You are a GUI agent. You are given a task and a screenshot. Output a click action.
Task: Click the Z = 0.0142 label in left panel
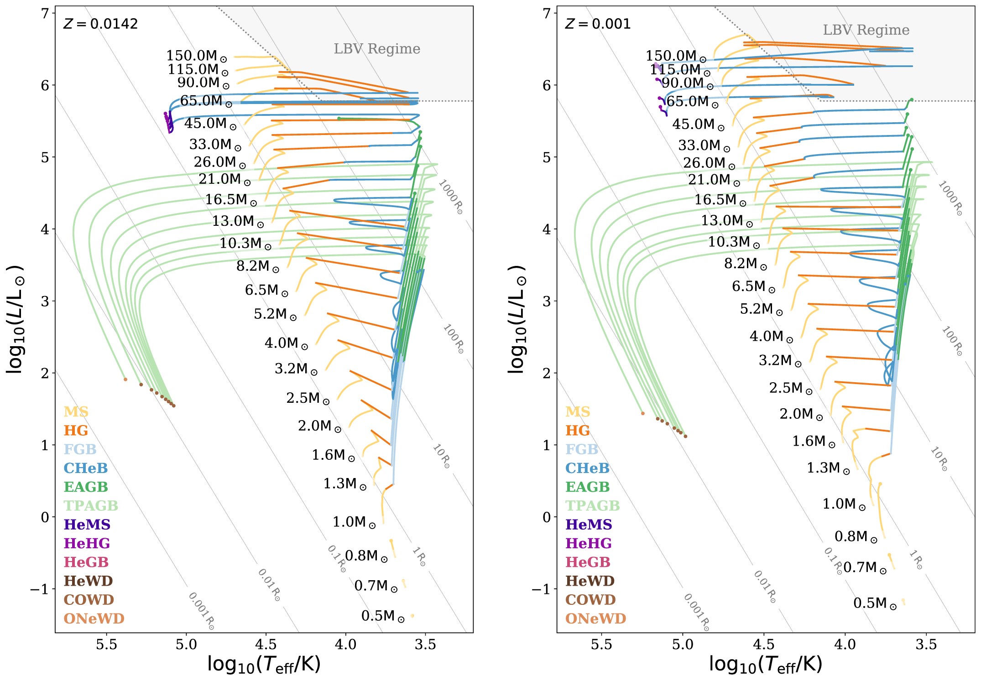pyautogui.click(x=100, y=24)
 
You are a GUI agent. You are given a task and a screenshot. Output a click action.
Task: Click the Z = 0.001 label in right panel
pyautogui.click(x=598, y=24)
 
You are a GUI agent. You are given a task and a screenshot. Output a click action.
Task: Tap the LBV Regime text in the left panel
pyautogui.click(x=377, y=49)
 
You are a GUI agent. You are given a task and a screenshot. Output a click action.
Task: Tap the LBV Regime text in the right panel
pyautogui.click(x=866, y=30)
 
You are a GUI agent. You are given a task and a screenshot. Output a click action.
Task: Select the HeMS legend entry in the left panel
pyautogui.click(x=87, y=525)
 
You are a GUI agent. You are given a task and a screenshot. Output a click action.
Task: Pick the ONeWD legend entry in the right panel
pyautogui.click(x=595, y=619)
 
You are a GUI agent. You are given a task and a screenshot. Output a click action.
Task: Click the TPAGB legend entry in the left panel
pyautogui.click(x=91, y=506)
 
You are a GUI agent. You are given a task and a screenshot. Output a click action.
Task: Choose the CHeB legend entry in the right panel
pyautogui.click(x=587, y=468)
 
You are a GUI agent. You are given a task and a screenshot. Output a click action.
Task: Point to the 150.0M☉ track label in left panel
pyautogui.click(x=196, y=56)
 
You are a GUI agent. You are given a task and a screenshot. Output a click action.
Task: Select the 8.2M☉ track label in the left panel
pyautogui.click(x=257, y=266)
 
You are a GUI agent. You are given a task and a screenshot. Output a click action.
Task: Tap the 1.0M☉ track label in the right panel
pyautogui.click(x=844, y=504)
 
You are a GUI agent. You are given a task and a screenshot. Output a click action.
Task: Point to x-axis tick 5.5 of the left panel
pyautogui.click(x=106, y=645)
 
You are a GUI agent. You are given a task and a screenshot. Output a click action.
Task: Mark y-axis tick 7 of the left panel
pyautogui.click(x=45, y=14)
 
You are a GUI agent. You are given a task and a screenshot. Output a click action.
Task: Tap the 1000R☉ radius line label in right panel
pyautogui.click(x=950, y=198)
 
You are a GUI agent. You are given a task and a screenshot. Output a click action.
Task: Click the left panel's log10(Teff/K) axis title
pyautogui.click(x=264, y=665)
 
